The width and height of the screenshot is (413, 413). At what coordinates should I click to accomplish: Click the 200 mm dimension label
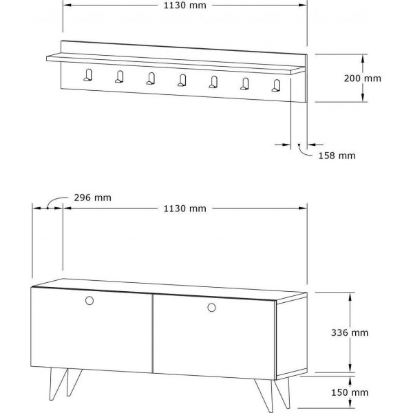click(x=362, y=78)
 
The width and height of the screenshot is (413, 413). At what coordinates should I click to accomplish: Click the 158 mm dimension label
click(x=337, y=156)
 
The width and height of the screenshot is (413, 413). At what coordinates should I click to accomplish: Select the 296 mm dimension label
click(x=92, y=198)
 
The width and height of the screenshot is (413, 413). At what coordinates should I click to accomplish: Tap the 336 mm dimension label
click(x=369, y=332)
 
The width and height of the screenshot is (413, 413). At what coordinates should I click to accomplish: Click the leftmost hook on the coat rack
click(x=88, y=76)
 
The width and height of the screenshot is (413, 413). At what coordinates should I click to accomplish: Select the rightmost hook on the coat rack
click(x=277, y=85)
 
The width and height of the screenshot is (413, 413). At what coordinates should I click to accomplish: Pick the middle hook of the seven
click(x=182, y=81)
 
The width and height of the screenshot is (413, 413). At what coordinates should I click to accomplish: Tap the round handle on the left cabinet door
click(x=89, y=300)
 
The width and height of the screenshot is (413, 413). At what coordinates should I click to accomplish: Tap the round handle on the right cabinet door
click(x=210, y=306)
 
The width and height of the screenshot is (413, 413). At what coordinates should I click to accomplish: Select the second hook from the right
click(x=245, y=84)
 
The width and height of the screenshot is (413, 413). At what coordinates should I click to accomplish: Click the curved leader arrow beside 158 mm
click(x=304, y=149)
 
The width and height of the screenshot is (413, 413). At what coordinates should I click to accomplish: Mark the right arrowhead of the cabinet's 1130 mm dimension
click(x=303, y=208)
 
